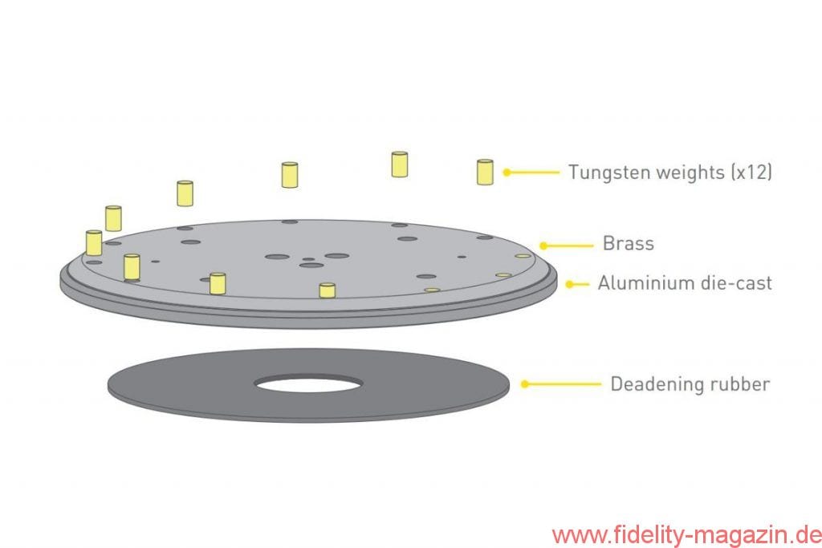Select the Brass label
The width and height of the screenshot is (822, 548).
point(628,244)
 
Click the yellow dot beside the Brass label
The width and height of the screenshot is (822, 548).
point(543,246)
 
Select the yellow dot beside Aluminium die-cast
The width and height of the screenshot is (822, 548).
point(570,285)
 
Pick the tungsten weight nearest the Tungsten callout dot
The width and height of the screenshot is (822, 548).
point(485,172)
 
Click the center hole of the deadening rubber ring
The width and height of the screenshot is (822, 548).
point(308,384)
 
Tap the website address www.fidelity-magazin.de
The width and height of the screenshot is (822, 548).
point(687,535)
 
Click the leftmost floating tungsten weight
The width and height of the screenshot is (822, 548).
point(94,242)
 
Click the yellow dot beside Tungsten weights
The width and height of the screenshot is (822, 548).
point(507,172)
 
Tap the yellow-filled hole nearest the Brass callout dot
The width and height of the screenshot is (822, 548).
point(523,256)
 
